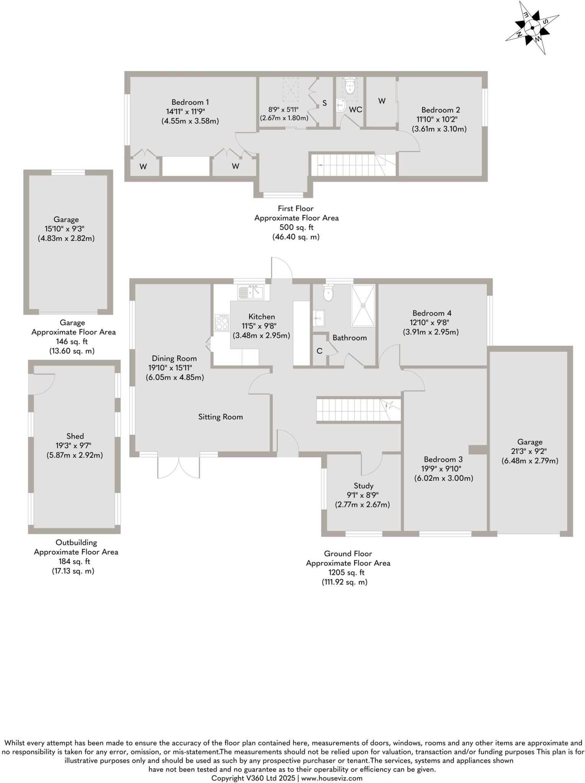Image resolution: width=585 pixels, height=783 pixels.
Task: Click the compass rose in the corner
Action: (533, 27)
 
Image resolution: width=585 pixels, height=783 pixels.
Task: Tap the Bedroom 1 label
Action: (190, 102)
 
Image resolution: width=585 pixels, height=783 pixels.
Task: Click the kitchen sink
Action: (250, 293)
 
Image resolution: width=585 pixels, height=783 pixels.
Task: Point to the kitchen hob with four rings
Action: (222, 322)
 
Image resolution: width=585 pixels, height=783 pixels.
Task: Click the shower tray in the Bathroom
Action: (363, 305)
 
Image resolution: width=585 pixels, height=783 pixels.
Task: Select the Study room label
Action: (363, 486)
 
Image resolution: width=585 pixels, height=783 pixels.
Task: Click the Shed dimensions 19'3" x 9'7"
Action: (75, 445)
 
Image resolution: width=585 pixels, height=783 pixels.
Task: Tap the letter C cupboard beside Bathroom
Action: (319, 351)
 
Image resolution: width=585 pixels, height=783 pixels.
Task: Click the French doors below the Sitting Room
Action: (178, 467)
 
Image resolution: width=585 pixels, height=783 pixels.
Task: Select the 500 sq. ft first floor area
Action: (296, 227)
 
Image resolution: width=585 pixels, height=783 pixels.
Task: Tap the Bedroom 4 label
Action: (432, 313)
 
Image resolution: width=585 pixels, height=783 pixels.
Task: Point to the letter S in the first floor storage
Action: (325, 103)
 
